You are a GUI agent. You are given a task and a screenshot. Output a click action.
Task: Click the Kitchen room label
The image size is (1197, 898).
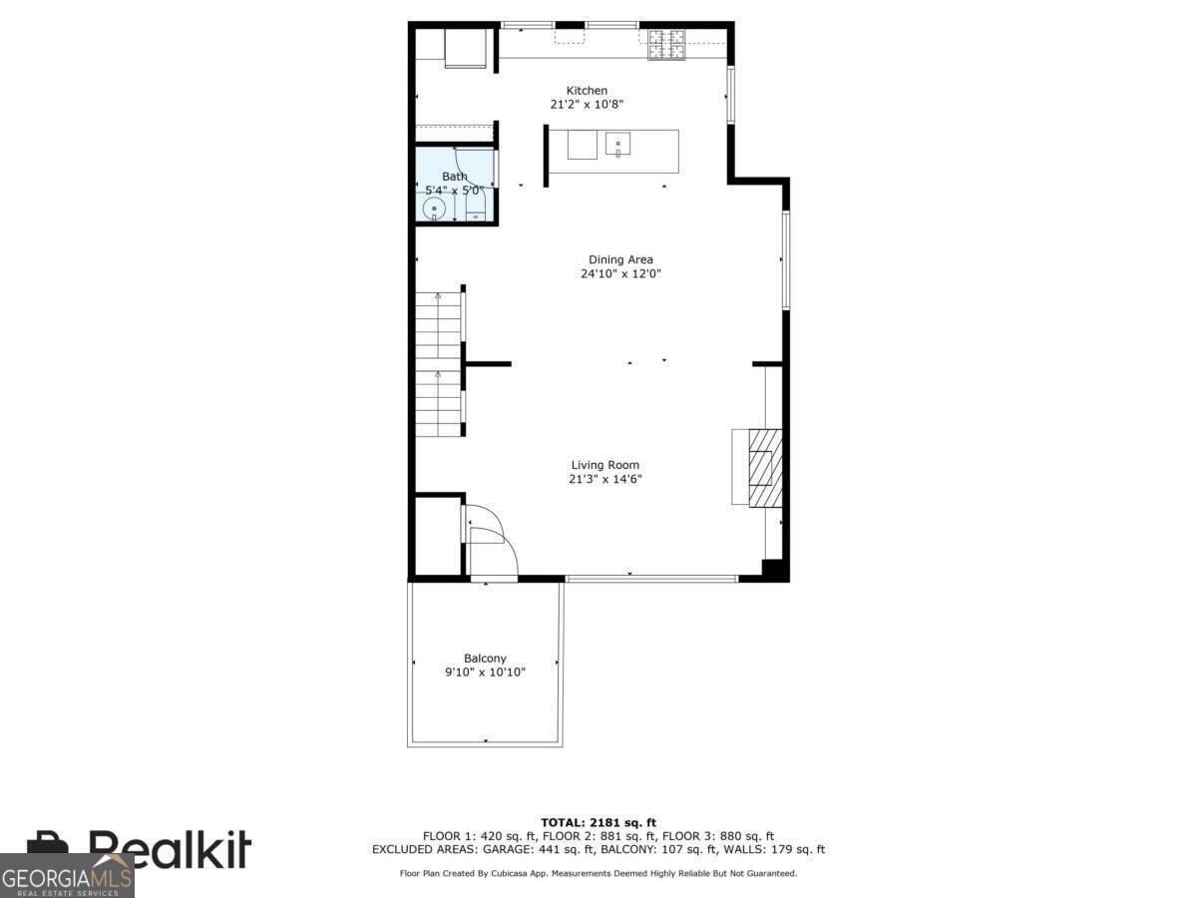587,91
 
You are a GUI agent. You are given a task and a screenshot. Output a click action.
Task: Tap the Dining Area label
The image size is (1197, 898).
620,260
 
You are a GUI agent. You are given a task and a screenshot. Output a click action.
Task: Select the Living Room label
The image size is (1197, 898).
604,465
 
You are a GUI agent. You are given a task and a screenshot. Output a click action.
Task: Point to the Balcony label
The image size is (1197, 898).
485,659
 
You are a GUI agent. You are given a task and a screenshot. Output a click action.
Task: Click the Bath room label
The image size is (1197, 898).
454,177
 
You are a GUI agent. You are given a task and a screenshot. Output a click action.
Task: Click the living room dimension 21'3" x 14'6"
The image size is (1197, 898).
604,479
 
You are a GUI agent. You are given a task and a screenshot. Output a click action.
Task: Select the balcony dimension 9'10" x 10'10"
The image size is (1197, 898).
485,673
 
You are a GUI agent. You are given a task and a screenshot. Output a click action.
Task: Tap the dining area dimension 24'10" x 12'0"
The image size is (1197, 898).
620,273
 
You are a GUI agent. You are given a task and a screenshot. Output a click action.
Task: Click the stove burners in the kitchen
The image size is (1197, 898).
666,43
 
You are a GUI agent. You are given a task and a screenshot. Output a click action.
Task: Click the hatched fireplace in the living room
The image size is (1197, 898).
765,467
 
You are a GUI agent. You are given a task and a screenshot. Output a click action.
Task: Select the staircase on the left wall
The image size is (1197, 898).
439,363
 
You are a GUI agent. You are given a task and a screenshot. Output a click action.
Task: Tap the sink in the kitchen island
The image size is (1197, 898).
618,146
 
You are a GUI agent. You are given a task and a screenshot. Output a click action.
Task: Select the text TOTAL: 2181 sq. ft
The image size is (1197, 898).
598,822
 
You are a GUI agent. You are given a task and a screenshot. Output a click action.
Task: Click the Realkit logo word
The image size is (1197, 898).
170,850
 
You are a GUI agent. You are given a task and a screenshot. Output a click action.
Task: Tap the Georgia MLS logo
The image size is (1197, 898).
67,878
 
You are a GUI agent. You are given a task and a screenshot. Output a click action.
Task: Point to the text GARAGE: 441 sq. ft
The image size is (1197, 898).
544,850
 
